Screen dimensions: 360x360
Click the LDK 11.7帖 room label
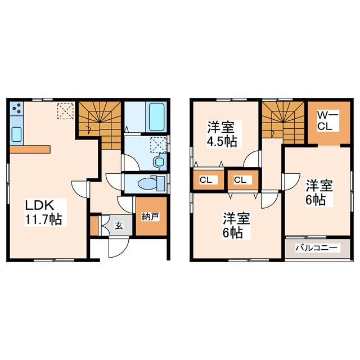coord(42,211)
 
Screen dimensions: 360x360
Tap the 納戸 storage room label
coord(150,215)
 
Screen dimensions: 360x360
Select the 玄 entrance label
coord(119,226)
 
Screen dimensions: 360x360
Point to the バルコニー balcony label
coord(317,247)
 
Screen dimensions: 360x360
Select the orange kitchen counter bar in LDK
coord(30,150)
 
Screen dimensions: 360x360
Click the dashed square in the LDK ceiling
coord(65,111)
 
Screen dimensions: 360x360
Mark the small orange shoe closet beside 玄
coord(93,224)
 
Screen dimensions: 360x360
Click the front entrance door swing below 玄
coord(118,246)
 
